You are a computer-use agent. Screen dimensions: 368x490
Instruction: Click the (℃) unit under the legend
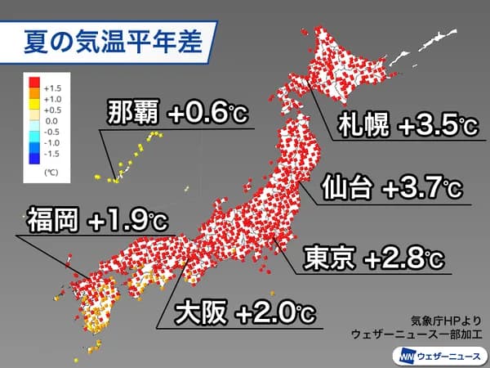click(x=51, y=173)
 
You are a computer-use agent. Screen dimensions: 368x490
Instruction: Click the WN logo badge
click(x=406, y=355)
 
